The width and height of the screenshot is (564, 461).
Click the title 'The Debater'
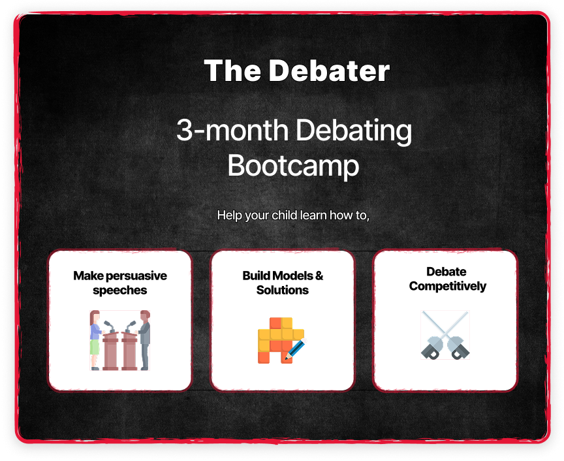[297, 71]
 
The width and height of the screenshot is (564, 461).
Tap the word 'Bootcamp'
[293, 166]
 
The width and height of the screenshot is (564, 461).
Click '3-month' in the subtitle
[232, 130]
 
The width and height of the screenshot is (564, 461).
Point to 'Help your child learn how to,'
[293, 215]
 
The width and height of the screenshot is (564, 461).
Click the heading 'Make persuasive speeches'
[119, 283]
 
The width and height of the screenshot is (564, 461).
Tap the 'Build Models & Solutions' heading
[283, 283]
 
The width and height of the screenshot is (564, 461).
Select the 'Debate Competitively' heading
[447, 279]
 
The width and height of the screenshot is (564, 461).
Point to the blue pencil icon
[296, 349]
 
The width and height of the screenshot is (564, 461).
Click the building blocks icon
[280, 340]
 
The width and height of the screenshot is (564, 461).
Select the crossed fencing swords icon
[445, 335]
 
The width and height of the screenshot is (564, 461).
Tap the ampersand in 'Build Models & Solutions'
[319, 276]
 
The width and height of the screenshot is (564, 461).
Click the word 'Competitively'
[447, 286]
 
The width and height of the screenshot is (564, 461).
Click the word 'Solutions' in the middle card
[283, 290]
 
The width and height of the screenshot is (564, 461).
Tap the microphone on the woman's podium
[110, 326]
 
